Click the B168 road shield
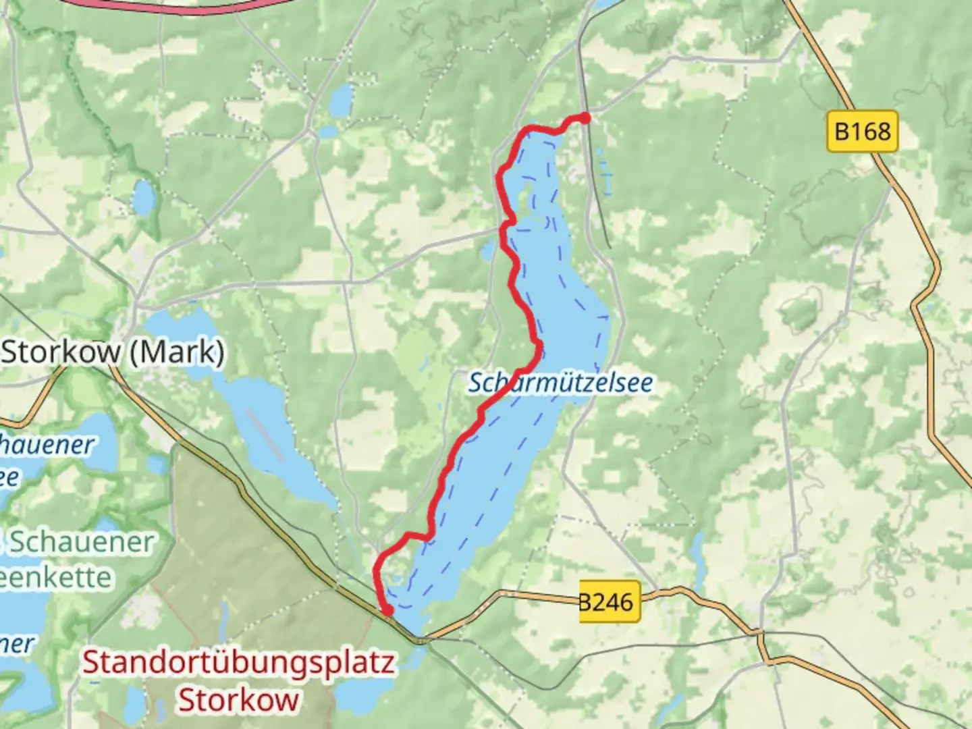click(862, 131)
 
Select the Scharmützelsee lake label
click(560, 383)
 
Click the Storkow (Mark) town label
click(113, 352)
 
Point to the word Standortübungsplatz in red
click(238, 663)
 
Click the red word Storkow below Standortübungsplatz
click(238, 699)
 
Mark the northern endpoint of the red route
click(585, 118)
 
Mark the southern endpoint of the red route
click(387, 611)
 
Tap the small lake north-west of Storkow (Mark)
click(143, 196)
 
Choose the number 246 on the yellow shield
click(616, 601)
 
